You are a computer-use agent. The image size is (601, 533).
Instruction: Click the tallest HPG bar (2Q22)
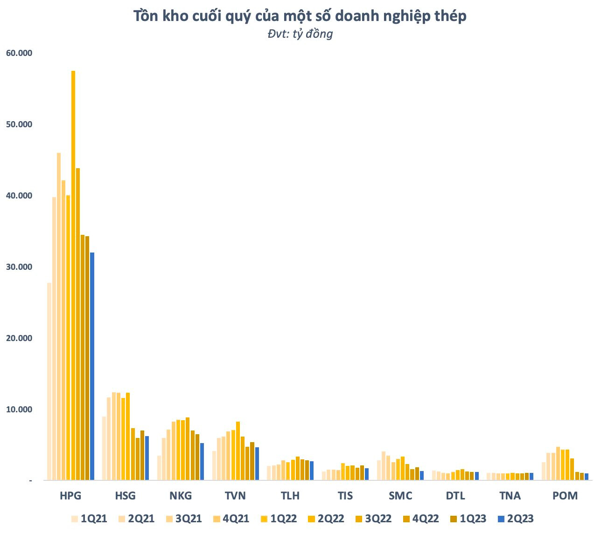pos(73,275)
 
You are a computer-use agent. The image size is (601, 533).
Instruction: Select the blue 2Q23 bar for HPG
pos(92,366)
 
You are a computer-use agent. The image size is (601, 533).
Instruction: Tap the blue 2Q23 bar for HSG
pos(147,458)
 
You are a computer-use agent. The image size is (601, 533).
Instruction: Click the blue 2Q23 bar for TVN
pos(257,464)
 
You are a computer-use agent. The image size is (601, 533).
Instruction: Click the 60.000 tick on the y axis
pos(19,53)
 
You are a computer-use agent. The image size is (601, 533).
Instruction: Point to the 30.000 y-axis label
pos(19,267)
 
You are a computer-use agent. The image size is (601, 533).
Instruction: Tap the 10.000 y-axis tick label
pos(19,410)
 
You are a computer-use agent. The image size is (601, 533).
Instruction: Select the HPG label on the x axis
pos(70,496)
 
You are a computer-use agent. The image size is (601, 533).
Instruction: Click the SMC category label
pos(400,496)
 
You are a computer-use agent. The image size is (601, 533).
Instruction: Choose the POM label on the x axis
pos(565,496)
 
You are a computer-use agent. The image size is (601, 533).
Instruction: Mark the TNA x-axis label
pos(510,496)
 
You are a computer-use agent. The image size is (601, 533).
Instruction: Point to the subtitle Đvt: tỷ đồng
pos(300,34)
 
